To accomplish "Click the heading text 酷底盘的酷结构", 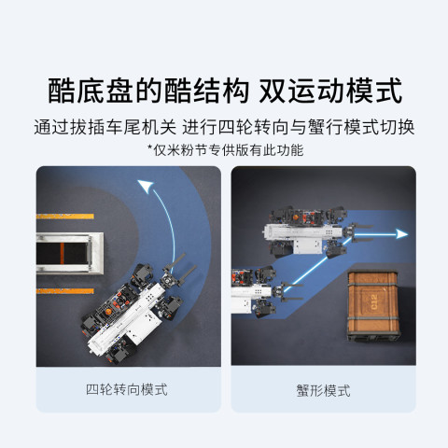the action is [x=148, y=91].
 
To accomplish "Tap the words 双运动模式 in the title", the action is [x=330, y=91].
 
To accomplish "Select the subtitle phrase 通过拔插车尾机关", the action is [x=105, y=127].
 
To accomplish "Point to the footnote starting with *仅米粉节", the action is [x=225, y=150].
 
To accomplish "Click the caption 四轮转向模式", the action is [x=127, y=389].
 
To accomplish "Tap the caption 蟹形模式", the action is [x=323, y=390].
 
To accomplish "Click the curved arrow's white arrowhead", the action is [x=146, y=186].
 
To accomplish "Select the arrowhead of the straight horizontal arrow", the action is [x=401, y=233].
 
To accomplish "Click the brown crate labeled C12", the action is [x=373, y=304].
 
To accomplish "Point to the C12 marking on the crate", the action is [x=373, y=302].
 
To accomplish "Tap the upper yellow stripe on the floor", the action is [x=65, y=217].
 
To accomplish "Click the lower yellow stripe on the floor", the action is [x=65, y=291].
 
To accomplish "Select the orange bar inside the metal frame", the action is [x=63, y=253].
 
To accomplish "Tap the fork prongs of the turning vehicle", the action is [x=181, y=269].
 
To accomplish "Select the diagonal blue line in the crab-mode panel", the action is [x=319, y=263].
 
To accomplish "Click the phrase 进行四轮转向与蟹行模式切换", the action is [x=298, y=127].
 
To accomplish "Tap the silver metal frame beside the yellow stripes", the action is [x=70, y=253].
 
